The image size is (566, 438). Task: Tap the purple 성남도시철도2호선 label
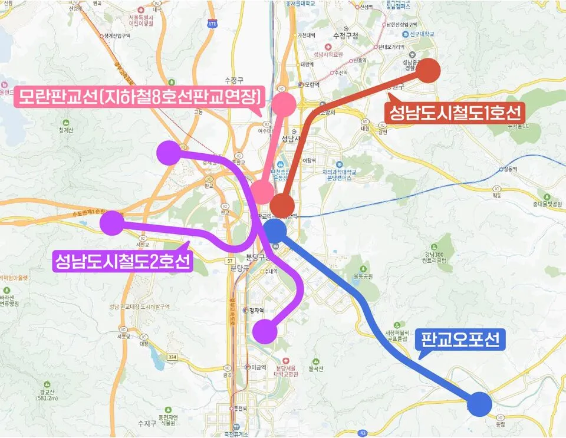[122, 260]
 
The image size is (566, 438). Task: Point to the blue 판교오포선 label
[460, 340]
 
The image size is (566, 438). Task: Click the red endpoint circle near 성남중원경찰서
[429, 71]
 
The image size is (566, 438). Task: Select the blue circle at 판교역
[275, 230]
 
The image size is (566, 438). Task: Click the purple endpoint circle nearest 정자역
[265, 331]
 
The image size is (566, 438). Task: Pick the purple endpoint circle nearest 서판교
[112, 223]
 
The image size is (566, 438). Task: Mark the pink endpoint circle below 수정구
[284, 104]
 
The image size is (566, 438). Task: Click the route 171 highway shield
[212, 24]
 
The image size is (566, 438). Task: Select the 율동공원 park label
[363, 276]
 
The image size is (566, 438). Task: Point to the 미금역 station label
[256, 367]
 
